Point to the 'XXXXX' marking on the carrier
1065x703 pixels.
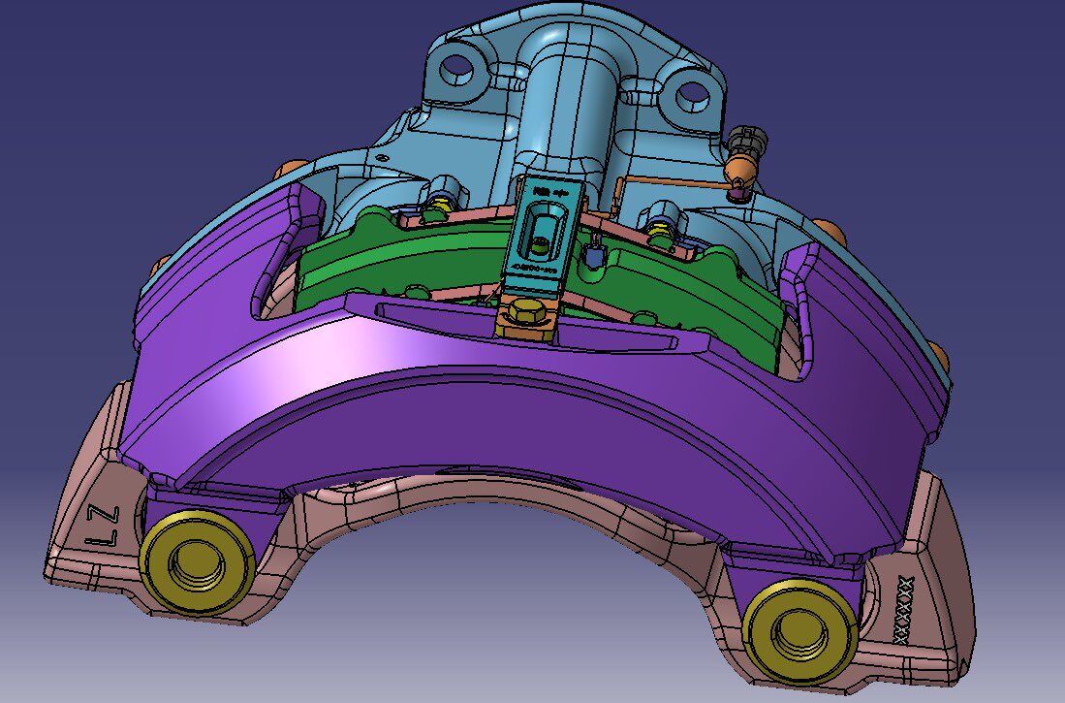point(904,608)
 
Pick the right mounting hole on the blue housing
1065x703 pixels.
point(692,94)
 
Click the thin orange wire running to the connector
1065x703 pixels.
point(669,182)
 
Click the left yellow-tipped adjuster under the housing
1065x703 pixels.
point(441,205)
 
